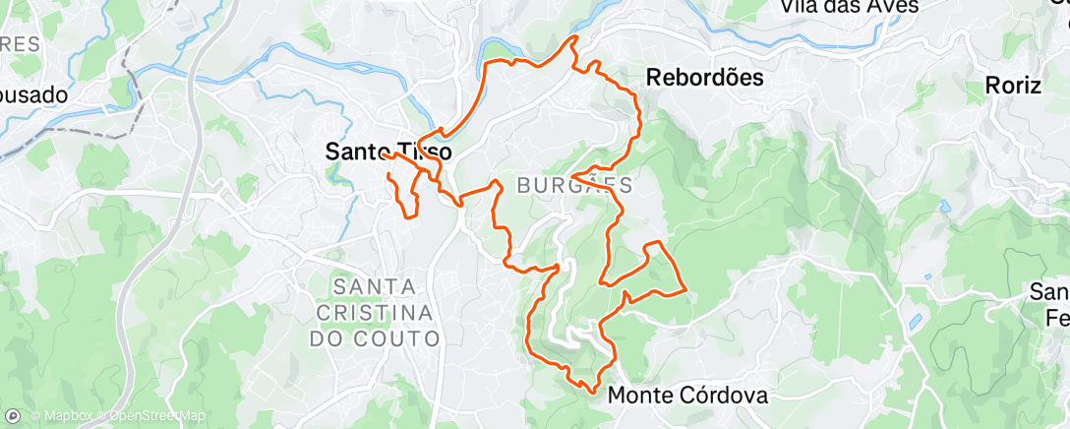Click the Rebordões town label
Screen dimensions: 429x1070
(705, 78)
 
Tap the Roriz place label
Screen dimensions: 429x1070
(1013, 86)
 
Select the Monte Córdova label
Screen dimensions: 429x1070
(687, 395)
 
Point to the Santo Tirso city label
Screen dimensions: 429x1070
(388, 153)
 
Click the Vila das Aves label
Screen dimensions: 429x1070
(849, 7)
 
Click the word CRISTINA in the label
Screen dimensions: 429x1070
(375, 312)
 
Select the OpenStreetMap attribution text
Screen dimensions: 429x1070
(157, 416)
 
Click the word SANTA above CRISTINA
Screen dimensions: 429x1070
(375, 286)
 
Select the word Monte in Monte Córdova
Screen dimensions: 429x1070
(639, 395)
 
